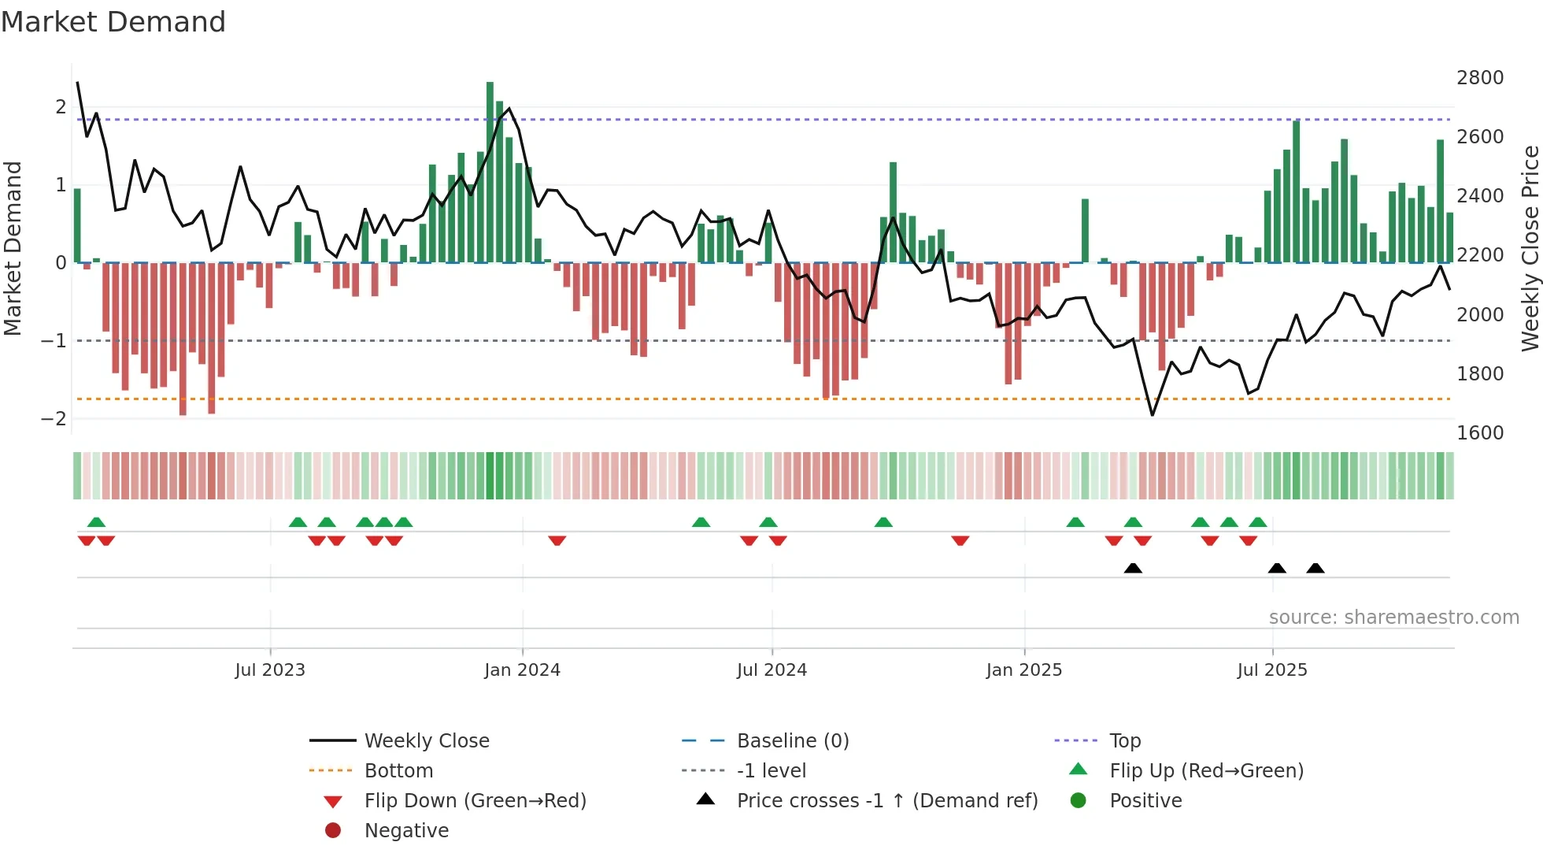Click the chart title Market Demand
[113, 22]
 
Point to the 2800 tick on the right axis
[1479, 78]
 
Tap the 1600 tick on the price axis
[1479, 432]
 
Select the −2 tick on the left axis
[54, 418]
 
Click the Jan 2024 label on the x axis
[522, 670]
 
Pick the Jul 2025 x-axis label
[1271, 670]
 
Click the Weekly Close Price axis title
[1530, 248]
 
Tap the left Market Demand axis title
[13, 248]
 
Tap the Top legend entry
[1124, 741]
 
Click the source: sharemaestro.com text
[1393, 618]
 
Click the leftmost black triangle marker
[1133, 568]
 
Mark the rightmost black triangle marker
[1315, 568]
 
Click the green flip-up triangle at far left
[96, 522]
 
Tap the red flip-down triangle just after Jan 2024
[557, 540]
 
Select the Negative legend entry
[406, 831]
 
